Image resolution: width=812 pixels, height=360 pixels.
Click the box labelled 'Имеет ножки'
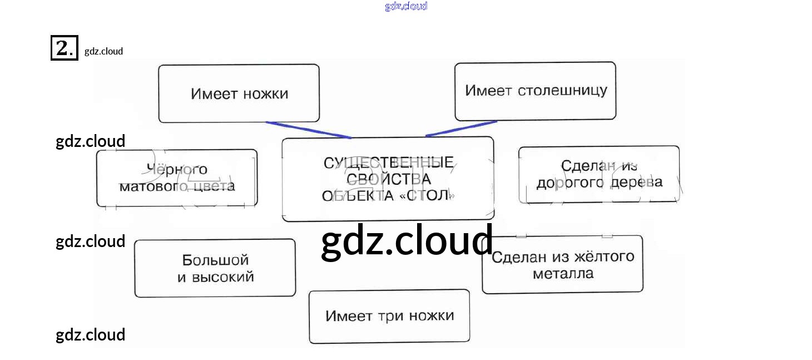[x=239, y=93]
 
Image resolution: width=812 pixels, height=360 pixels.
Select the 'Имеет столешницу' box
[x=535, y=91]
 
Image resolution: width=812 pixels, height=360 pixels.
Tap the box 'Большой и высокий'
[x=215, y=268]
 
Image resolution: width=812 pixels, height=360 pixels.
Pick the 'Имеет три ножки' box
[x=389, y=316]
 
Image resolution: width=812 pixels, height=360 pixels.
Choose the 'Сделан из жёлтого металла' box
[x=562, y=265]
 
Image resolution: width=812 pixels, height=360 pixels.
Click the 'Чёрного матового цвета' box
[x=177, y=177]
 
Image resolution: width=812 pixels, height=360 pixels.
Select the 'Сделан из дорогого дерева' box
[x=599, y=174]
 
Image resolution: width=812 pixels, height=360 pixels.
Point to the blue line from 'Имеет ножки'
[x=308, y=130]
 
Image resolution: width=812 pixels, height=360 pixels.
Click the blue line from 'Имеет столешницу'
[x=461, y=129]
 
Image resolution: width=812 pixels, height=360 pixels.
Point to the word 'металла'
[x=563, y=274]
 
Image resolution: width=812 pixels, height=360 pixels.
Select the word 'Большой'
[x=215, y=260]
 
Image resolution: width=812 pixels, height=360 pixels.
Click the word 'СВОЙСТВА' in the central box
[x=388, y=179]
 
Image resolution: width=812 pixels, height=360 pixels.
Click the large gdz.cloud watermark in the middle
[x=407, y=241]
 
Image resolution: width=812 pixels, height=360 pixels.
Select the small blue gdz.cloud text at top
[x=406, y=6]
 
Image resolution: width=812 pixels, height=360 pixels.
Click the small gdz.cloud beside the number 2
[x=103, y=51]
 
